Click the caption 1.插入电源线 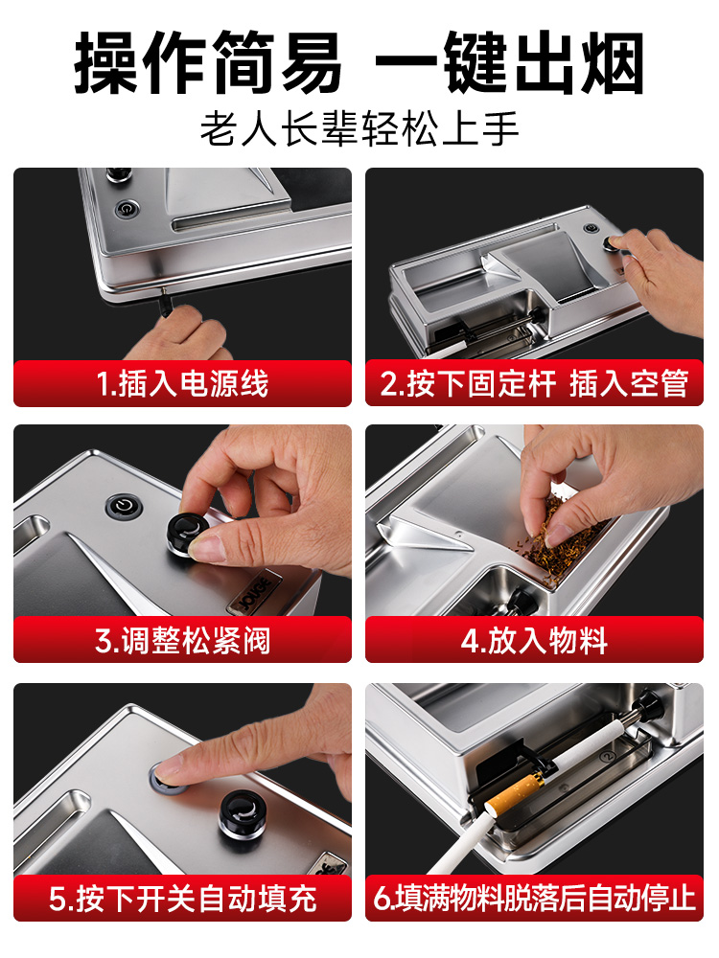(x=182, y=384)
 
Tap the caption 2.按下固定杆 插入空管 (x=534, y=384)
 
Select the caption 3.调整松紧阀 (x=182, y=640)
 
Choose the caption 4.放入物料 (x=534, y=640)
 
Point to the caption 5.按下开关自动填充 (x=182, y=899)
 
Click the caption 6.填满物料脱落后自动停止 (x=534, y=899)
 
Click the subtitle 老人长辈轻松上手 (x=359, y=128)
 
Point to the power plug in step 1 (x=165, y=303)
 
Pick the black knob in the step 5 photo (x=243, y=812)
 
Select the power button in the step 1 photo (x=127, y=209)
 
